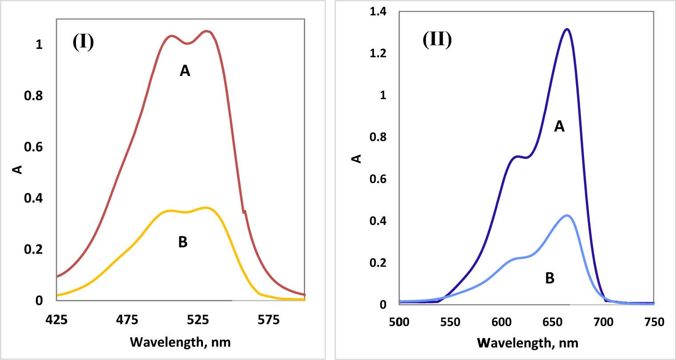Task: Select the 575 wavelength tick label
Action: click(x=269, y=320)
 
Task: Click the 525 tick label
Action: click(x=198, y=320)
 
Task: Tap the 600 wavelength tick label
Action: click(x=501, y=322)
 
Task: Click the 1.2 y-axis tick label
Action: click(x=379, y=54)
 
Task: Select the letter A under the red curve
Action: click(x=185, y=71)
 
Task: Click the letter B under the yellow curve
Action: click(x=183, y=242)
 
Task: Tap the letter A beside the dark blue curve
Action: click(x=559, y=127)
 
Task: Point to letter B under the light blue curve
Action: click(x=549, y=278)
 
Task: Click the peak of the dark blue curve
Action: click(x=567, y=29)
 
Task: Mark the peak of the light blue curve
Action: click(x=567, y=216)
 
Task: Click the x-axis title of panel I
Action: click(x=180, y=342)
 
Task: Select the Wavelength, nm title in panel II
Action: click(x=528, y=343)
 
